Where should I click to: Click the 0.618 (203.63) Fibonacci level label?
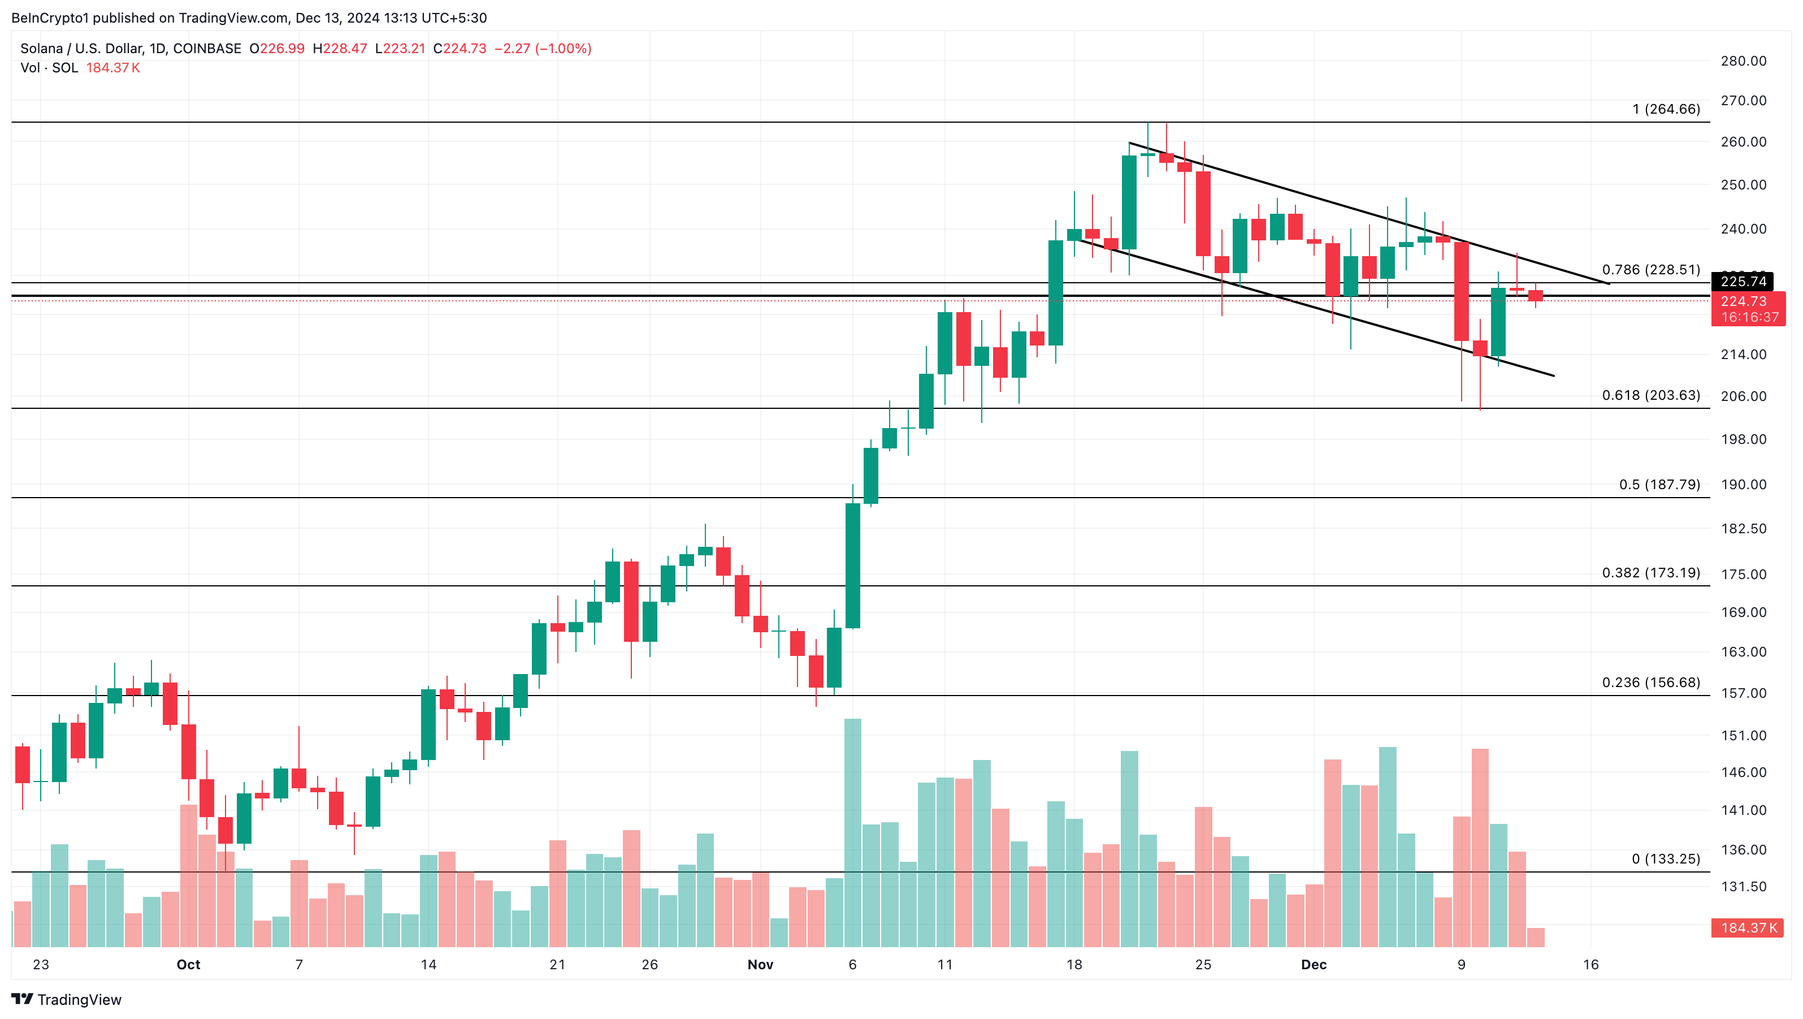pos(1650,395)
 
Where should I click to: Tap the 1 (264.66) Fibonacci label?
pos(1666,109)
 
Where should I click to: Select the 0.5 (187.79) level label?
pos(1659,484)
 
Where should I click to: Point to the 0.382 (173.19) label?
pos(1650,572)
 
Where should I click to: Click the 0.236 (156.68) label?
pos(1650,682)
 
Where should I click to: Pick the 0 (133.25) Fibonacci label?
pos(1665,858)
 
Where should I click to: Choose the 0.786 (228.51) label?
pos(1650,270)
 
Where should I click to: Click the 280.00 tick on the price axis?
pos(1744,61)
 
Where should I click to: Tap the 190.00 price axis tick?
pos(1744,484)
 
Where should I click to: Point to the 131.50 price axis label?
pos(1744,886)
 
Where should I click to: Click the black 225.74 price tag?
pos(1743,282)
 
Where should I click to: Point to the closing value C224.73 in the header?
pos(460,48)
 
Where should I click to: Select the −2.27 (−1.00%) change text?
pos(543,48)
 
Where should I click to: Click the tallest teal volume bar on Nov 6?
pos(852,833)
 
